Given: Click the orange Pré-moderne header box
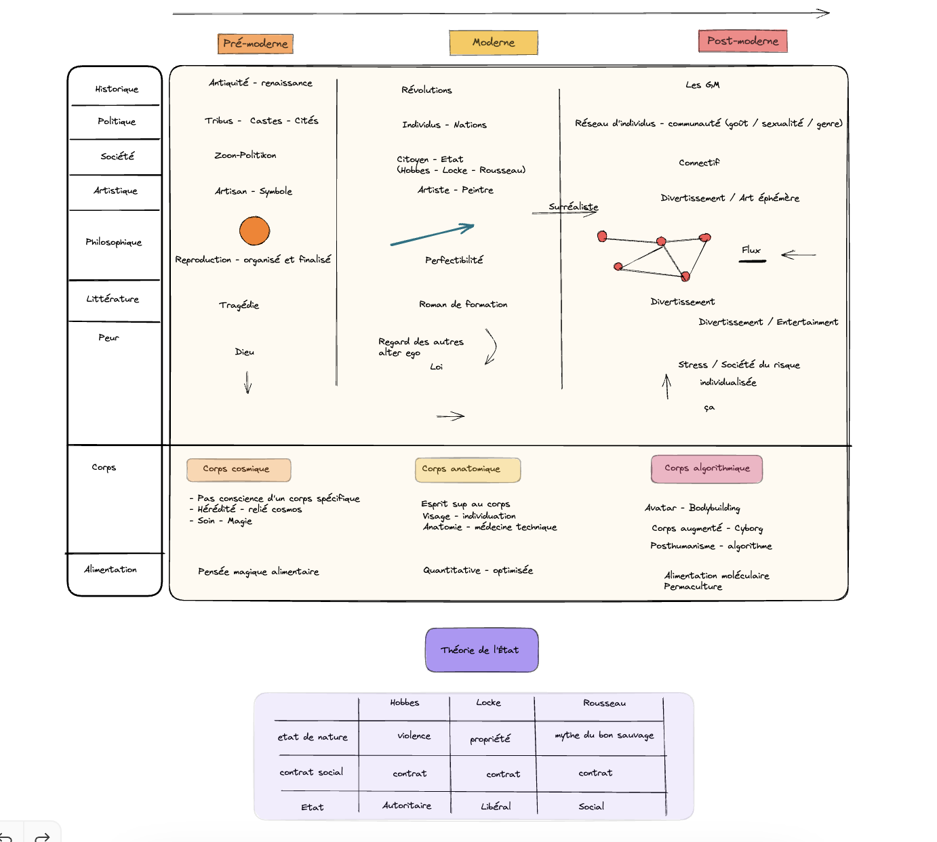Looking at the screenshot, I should pos(256,43).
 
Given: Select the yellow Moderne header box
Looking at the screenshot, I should pos(494,42).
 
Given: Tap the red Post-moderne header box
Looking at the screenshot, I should pos(742,41).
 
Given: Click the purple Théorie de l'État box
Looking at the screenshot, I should pos(481,649).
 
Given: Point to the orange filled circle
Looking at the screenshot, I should pos(255,230).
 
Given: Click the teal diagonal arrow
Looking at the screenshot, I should pos(432,235).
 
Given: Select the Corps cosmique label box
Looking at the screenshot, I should pos(239,469).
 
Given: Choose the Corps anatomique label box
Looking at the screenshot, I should pos(467,469).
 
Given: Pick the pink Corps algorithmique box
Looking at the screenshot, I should pos(706,468).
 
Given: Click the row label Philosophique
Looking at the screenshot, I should pos(114,242).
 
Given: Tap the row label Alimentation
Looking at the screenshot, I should pos(111,569).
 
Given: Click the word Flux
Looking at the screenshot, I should pos(751,250).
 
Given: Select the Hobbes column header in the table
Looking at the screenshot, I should pos(405,703).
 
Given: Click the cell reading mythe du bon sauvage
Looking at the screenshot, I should pos(604,735).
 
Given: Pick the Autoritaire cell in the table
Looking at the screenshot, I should pos(407,805).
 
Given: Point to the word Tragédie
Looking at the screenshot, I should pos(239,305).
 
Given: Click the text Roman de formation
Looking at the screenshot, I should pos(463,304).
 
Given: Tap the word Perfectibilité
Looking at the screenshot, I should pos(454,260).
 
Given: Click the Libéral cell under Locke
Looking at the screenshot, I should pos(496,806).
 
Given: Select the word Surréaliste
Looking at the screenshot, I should pos(574,207).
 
